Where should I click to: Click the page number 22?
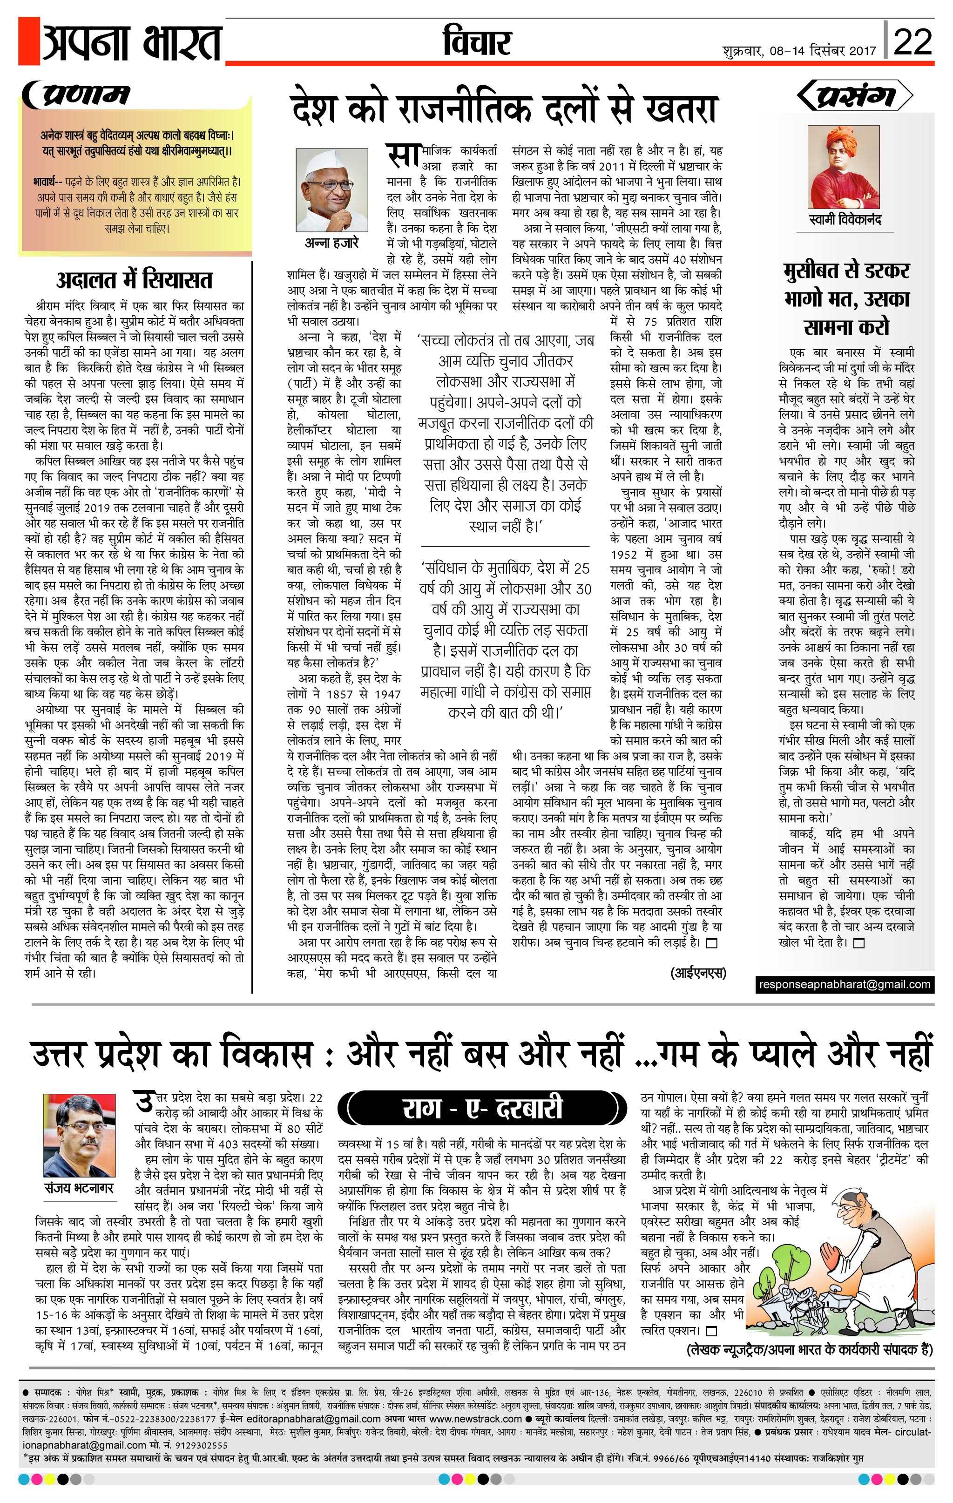tap(912, 42)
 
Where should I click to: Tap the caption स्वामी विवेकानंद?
tap(845, 220)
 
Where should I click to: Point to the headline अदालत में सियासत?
tap(134, 280)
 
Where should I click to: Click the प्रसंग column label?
tap(856, 95)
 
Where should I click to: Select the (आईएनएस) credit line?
tap(698, 973)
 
